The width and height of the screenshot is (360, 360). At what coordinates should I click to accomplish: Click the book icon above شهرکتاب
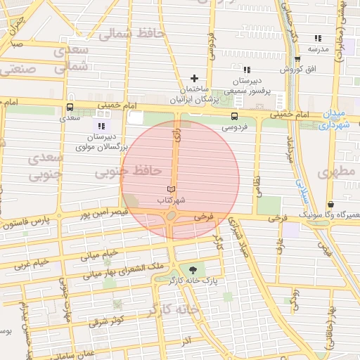pos(171,189)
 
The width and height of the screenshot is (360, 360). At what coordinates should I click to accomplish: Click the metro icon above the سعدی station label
pos(69,108)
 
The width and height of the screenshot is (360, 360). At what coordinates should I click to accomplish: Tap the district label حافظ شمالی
pos(131,33)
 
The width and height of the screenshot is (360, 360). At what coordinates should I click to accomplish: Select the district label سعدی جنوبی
pos(44,167)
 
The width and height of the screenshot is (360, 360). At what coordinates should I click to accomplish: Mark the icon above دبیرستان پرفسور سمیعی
pos(246,70)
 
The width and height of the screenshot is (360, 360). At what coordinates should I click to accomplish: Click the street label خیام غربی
pos(33,264)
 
